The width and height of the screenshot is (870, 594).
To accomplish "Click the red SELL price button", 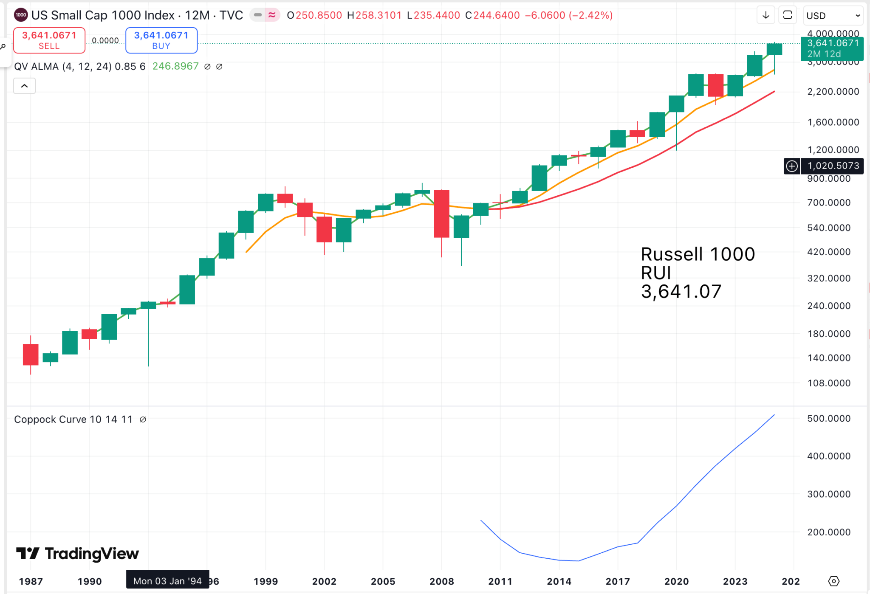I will pos(49,40).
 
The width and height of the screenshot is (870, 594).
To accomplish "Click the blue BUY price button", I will pos(161,40).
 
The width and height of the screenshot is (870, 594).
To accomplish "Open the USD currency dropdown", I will pos(833,16).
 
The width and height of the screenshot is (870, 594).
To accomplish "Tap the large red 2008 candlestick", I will pos(441,214).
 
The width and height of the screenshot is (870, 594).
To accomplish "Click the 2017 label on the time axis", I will pos(618,581).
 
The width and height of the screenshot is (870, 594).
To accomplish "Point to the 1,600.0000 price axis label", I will pos(833,122).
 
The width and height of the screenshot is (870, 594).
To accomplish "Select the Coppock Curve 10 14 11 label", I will pos(73,419).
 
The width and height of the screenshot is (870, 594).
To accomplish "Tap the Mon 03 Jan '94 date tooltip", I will pos(167,581).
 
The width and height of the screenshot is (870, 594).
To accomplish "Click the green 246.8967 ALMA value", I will pos(175,66).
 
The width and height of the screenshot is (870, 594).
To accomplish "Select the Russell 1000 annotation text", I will pos(698,254).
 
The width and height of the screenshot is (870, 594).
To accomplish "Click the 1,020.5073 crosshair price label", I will pos(833,166).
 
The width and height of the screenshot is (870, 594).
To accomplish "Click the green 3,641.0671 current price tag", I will pos(832,48).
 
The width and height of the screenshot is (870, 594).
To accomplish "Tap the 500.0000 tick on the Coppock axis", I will pos(828,418).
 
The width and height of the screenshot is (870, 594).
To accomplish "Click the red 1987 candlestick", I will pos(31,355).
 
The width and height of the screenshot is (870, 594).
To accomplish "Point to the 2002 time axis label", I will pos(324,581).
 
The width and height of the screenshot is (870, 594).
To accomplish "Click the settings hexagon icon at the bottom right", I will pos(834,581).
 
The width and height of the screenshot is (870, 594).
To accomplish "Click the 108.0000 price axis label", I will pos(828,383).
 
